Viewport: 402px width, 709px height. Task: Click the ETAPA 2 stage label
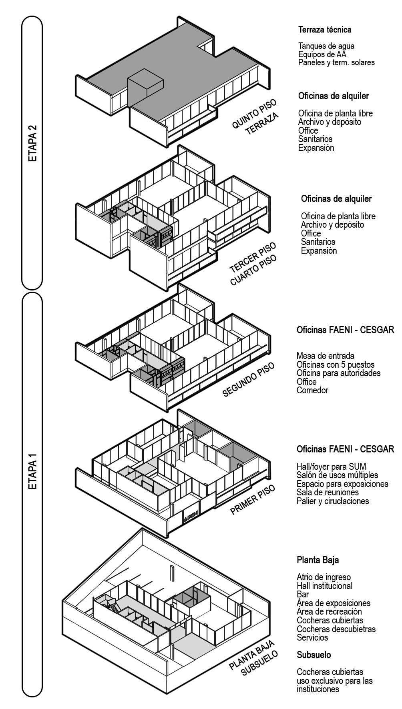[x=32, y=144]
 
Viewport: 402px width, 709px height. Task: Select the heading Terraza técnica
[x=325, y=30]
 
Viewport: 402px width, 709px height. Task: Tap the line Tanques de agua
[x=326, y=46]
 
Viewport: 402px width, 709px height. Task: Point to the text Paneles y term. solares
[x=336, y=62]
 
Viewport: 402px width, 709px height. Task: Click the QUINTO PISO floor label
[x=254, y=114]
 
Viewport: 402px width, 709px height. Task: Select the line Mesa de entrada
[x=325, y=356]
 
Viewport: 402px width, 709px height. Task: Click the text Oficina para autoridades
[x=338, y=373]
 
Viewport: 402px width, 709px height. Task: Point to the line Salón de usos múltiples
[x=337, y=475]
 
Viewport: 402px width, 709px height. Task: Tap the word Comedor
[x=312, y=390]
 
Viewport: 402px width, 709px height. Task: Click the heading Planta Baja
[x=318, y=560]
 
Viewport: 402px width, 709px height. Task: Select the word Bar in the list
[x=303, y=594]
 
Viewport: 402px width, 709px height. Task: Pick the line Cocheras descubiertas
[x=336, y=629]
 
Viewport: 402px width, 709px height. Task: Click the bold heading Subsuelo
[x=314, y=655]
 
